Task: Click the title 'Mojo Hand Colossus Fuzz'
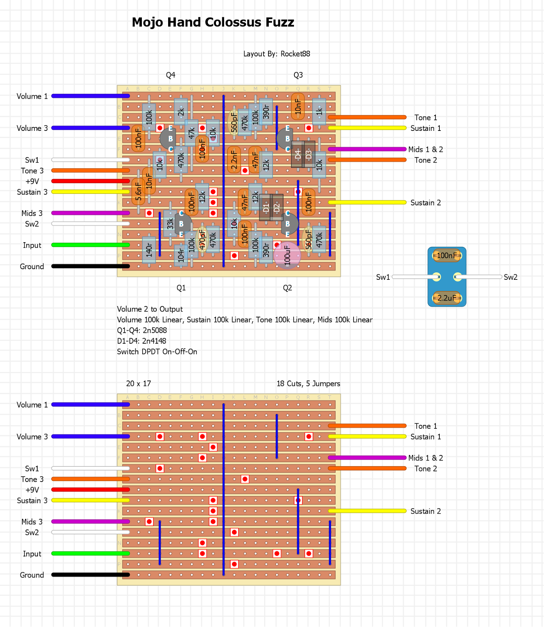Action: click(x=213, y=22)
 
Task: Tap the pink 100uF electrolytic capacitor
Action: click(x=287, y=255)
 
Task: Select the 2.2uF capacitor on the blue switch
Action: click(x=447, y=298)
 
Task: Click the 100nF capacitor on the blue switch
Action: click(x=447, y=256)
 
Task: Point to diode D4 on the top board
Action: click(x=298, y=154)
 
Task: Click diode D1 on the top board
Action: click(x=266, y=207)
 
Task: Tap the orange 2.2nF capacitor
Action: click(x=234, y=160)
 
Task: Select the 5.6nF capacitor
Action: click(x=138, y=192)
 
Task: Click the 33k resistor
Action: click(x=170, y=223)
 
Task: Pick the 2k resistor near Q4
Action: click(x=181, y=112)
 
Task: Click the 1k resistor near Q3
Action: click(x=319, y=112)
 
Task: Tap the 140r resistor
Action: click(x=149, y=250)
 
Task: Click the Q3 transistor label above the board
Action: click(x=298, y=75)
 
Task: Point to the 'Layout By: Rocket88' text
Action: click(x=276, y=54)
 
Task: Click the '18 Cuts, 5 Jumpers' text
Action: click(x=308, y=384)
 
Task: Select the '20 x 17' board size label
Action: click(x=138, y=384)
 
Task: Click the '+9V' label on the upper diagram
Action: click(x=32, y=181)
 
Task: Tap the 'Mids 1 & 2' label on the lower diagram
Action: click(x=425, y=458)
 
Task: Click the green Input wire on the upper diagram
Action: click(x=90, y=245)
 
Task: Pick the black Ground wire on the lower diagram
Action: click(x=90, y=575)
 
